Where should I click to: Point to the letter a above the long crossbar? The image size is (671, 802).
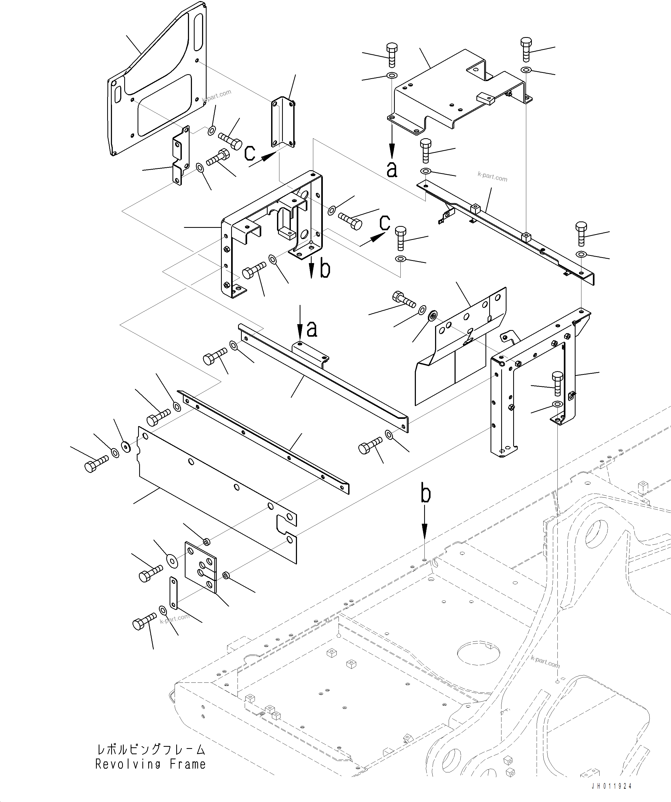click(x=312, y=329)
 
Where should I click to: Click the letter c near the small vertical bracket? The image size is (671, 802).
click(x=250, y=153)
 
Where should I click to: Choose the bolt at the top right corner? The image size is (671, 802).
click(x=526, y=49)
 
